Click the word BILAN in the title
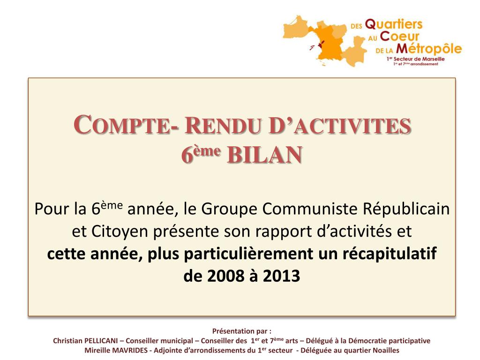pyautogui.click(x=264, y=155)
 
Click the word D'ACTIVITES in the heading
pyautogui.click(x=339, y=125)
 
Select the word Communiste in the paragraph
pyautogui.click(x=310, y=209)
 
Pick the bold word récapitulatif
pyautogui.click(x=390, y=254)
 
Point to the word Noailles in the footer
pyautogui.click(x=386, y=351)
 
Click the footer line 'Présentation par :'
pyautogui.click(x=242, y=331)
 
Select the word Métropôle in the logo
pyautogui.click(x=429, y=49)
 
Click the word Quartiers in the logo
pyautogui.click(x=394, y=24)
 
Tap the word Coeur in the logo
pyautogui.click(x=399, y=37)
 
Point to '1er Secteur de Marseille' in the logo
pyautogui.click(x=415, y=59)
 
